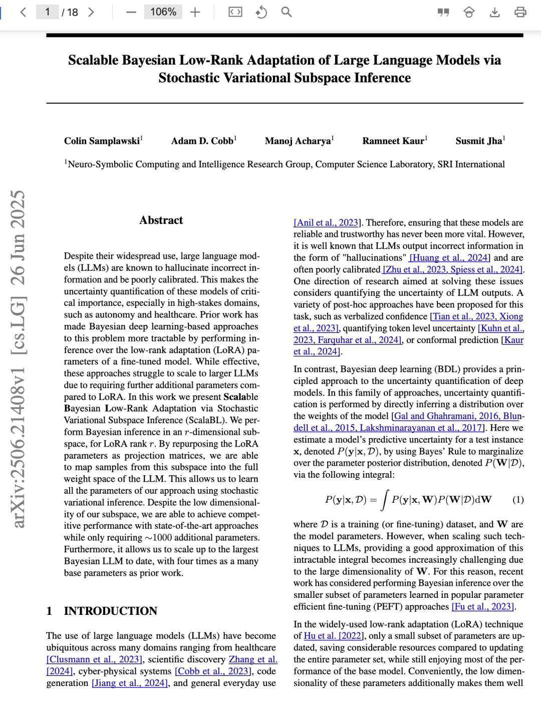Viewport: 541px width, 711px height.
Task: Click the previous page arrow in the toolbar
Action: (x=23, y=12)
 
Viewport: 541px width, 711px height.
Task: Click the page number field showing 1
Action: (x=47, y=12)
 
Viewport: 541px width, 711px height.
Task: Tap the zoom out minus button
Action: (x=131, y=12)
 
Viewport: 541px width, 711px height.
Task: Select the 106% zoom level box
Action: (x=163, y=12)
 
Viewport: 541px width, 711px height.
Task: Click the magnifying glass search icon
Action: (x=286, y=12)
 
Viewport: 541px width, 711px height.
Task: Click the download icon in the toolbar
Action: (x=494, y=12)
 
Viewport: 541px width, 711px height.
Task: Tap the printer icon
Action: (x=520, y=12)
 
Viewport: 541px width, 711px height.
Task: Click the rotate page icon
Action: (x=261, y=12)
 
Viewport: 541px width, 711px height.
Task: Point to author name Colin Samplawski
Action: (x=102, y=141)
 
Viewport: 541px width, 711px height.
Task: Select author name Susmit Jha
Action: (x=478, y=141)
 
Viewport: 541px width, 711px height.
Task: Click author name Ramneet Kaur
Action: (x=393, y=141)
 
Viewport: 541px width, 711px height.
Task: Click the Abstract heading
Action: (x=161, y=220)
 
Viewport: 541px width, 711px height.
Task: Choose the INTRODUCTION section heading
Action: (x=110, y=611)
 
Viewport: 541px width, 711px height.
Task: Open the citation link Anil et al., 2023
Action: (x=327, y=223)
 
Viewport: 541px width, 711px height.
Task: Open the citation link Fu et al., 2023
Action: (x=483, y=607)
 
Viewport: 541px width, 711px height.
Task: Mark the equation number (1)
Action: (x=518, y=500)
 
